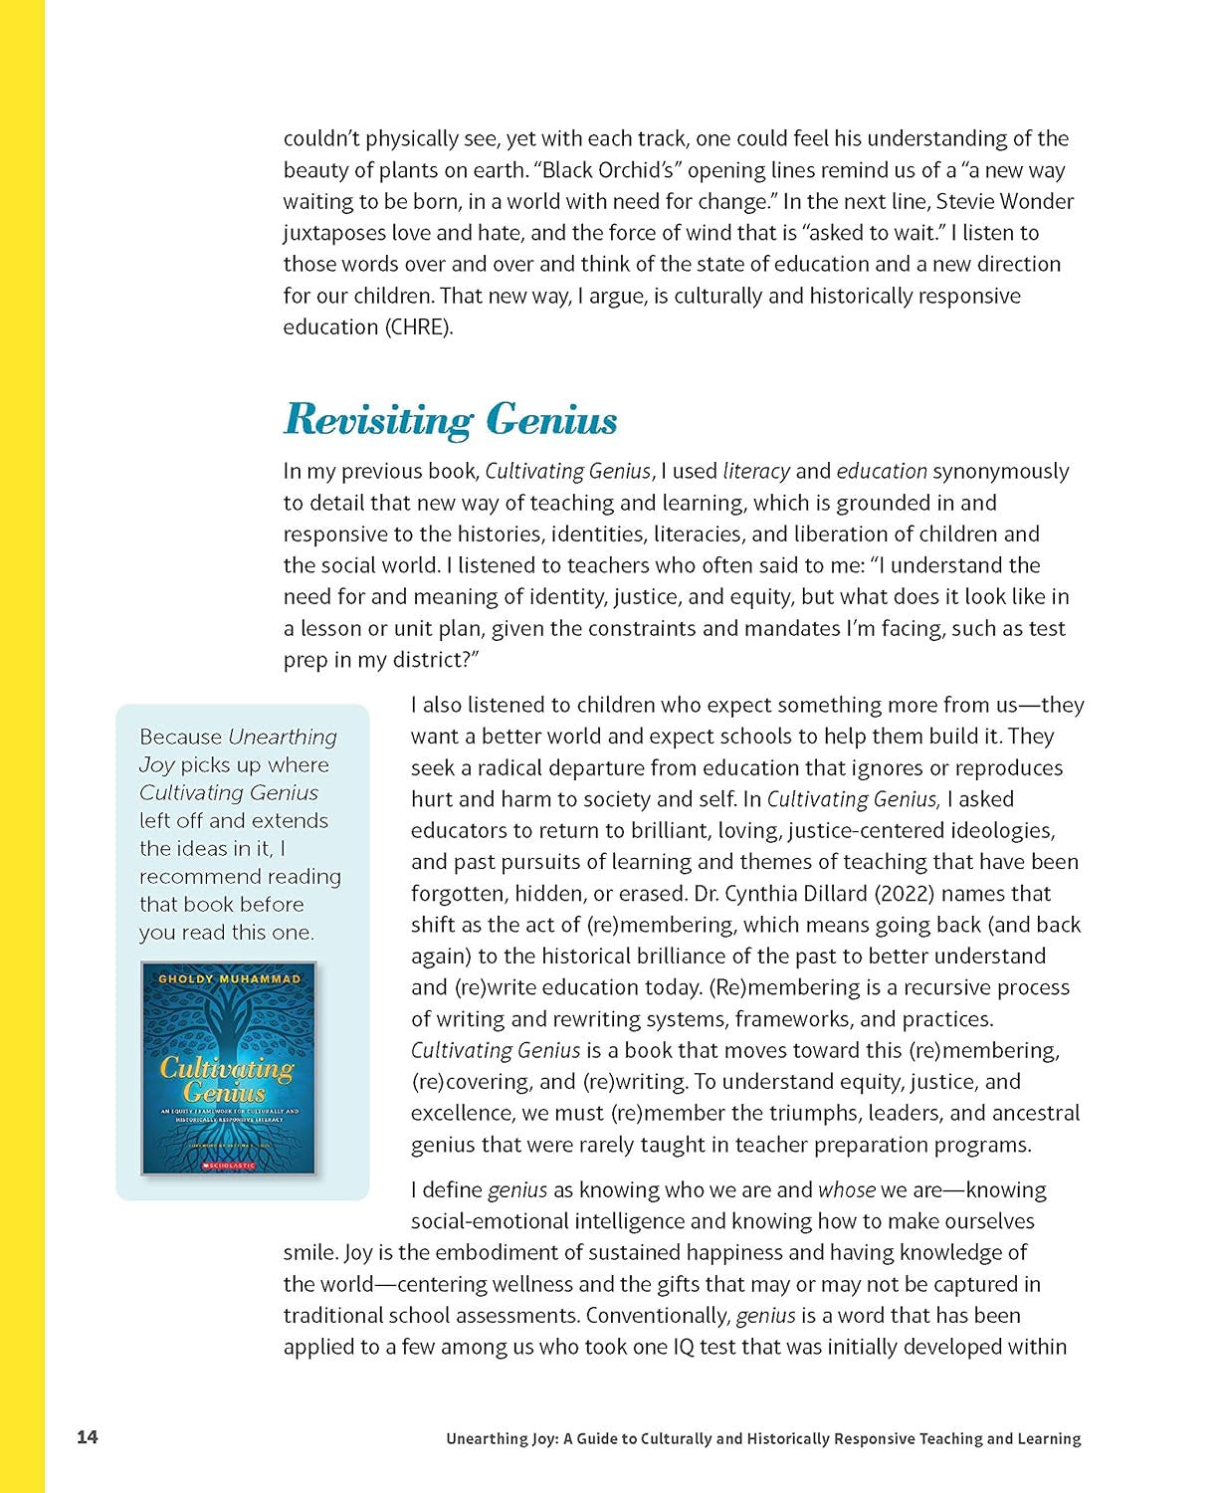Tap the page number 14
tap(88, 1437)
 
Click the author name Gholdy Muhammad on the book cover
tap(229, 979)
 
